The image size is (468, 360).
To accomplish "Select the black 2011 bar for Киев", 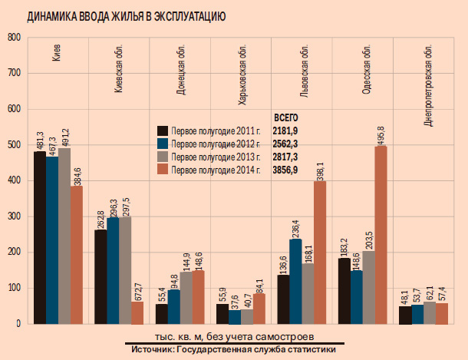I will tap(39, 238).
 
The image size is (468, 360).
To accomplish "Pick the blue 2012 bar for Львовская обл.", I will tap(295, 282).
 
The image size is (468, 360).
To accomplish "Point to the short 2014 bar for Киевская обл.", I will tap(137, 312).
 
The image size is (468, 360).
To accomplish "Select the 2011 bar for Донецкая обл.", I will tap(161, 314).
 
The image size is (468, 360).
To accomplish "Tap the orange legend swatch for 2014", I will tap(163, 170).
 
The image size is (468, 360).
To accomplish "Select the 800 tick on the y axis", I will tap(12, 38).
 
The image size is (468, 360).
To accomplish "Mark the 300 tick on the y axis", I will tap(12, 216).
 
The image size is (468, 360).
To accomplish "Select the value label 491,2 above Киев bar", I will tap(64, 135).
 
